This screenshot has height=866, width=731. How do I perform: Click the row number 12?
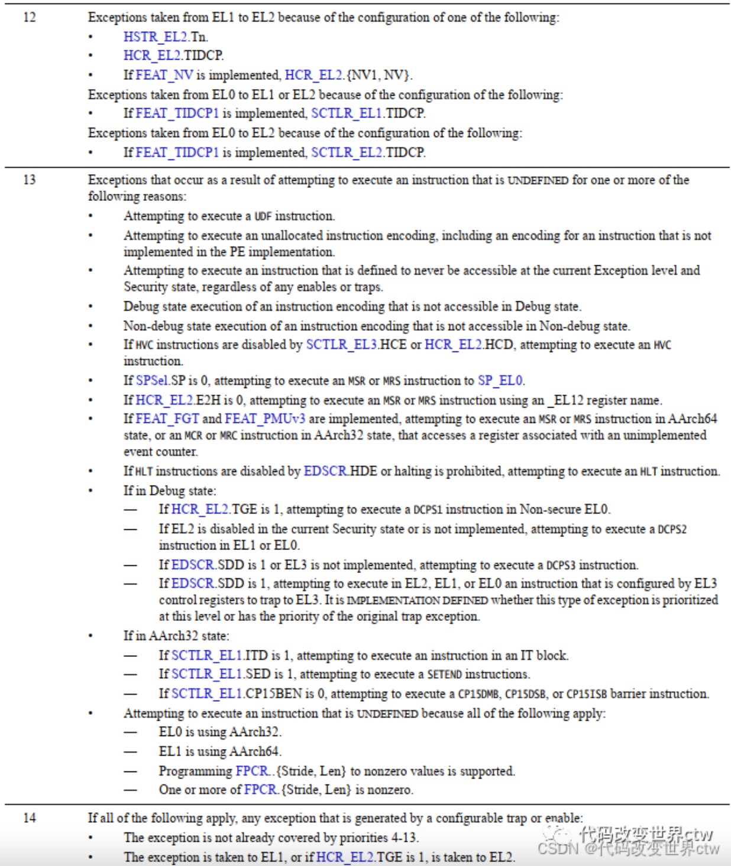coord(30,17)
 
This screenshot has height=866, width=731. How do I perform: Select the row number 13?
coord(30,180)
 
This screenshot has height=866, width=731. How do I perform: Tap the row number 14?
coord(30,818)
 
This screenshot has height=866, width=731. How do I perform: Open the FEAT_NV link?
coord(164,75)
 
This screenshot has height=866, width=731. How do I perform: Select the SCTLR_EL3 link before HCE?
coord(341,344)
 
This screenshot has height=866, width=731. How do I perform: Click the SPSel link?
coord(151,380)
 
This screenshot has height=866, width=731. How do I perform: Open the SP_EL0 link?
coord(500,380)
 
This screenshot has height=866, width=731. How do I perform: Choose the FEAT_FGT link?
coord(167,419)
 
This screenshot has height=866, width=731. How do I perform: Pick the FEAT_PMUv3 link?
coord(264,419)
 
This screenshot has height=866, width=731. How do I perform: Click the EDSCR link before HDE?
coord(325,471)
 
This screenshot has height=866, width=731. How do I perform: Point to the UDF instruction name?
coord(263,216)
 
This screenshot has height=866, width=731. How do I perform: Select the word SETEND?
coord(445,674)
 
